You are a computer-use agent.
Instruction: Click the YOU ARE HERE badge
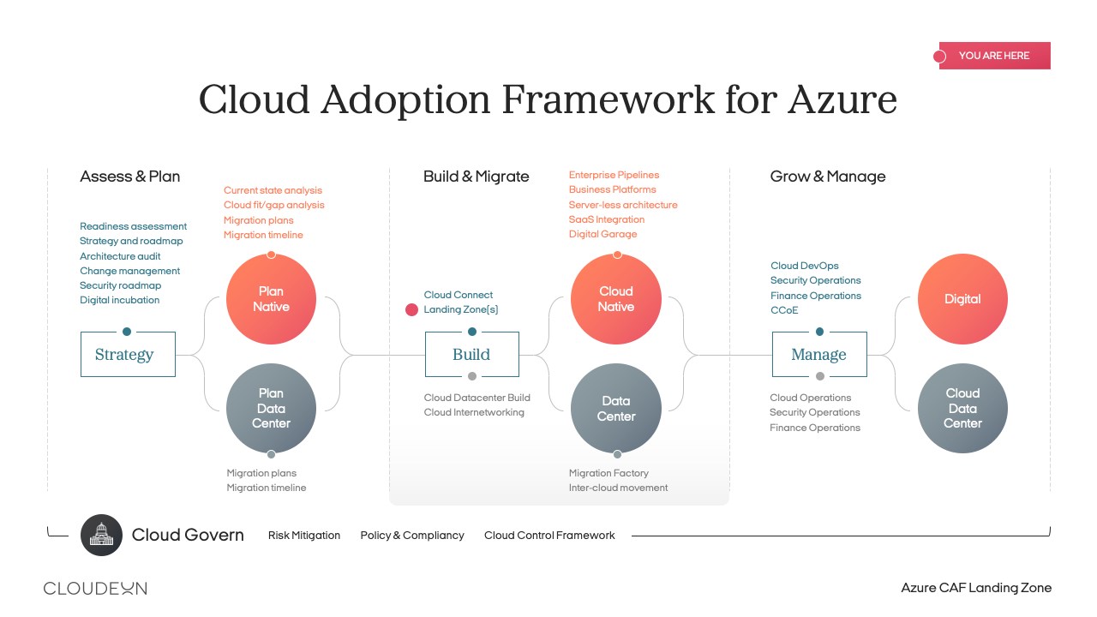click(x=994, y=56)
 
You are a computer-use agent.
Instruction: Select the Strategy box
click(x=128, y=354)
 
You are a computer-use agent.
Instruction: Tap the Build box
click(x=472, y=354)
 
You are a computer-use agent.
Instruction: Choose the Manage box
click(x=819, y=354)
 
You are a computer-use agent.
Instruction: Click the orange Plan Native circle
click(x=271, y=299)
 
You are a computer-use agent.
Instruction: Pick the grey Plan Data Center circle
click(x=271, y=408)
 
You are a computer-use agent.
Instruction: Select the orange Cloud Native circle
click(x=616, y=299)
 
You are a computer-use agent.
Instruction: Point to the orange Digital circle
click(x=962, y=299)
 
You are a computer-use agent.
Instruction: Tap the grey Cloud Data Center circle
click(x=962, y=408)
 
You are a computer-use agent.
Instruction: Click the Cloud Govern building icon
click(x=101, y=535)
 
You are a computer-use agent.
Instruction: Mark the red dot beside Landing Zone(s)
click(x=411, y=309)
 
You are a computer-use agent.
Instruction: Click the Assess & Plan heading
click(x=129, y=177)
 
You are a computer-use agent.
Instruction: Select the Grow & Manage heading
click(x=828, y=177)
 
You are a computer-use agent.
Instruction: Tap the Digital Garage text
click(x=602, y=234)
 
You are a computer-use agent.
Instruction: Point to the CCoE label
click(x=784, y=310)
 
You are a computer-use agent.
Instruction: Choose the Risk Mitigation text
click(x=304, y=536)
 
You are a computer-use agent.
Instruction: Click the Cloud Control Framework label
click(x=549, y=536)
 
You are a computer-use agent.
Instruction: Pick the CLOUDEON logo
click(x=95, y=588)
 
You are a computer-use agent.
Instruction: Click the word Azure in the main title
click(x=842, y=99)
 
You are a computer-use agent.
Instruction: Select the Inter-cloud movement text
click(x=618, y=488)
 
